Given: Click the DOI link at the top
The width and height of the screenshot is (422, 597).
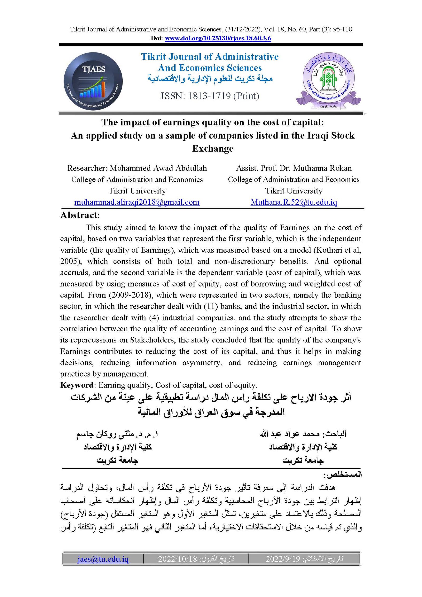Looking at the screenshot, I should click(218, 39).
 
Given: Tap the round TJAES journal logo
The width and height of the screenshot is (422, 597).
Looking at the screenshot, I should click(93, 81).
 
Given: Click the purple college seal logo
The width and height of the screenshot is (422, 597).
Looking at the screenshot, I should click(328, 80).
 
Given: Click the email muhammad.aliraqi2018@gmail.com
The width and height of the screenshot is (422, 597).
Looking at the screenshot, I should click(137, 202).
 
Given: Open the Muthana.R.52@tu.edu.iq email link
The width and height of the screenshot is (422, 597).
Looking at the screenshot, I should click(294, 202).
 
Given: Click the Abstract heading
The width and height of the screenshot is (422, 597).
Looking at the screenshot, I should click(80, 215).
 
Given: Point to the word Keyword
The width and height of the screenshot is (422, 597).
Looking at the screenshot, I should click(76, 385).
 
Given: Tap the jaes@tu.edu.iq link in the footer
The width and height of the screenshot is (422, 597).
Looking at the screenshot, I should click(103, 558).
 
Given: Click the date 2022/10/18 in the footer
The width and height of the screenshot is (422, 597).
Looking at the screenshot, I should click(178, 559).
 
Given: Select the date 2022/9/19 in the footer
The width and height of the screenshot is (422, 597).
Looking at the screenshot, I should click(283, 559).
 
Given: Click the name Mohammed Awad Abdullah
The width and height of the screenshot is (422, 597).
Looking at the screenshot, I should click(158, 168).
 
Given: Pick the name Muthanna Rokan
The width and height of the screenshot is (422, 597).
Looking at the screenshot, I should click(322, 168).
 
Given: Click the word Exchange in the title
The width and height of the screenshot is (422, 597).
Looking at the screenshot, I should click(213, 149).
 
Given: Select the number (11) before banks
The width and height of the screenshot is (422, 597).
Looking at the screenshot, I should click(210, 306).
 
